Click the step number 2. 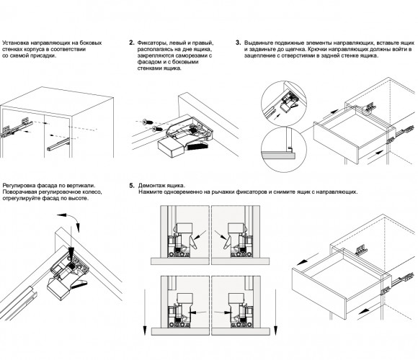click(x=131, y=42)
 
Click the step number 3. click(x=238, y=42)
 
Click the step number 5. click(x=132, y=186)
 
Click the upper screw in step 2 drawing click(x=148, y=122)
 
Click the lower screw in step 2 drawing click(x=157, y=129)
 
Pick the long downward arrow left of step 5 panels click(x=145, y=312)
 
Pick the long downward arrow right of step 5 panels click(x=275, y=312)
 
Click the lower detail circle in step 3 click(x=284, y=149)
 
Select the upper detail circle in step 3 click(x=284, y=104)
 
